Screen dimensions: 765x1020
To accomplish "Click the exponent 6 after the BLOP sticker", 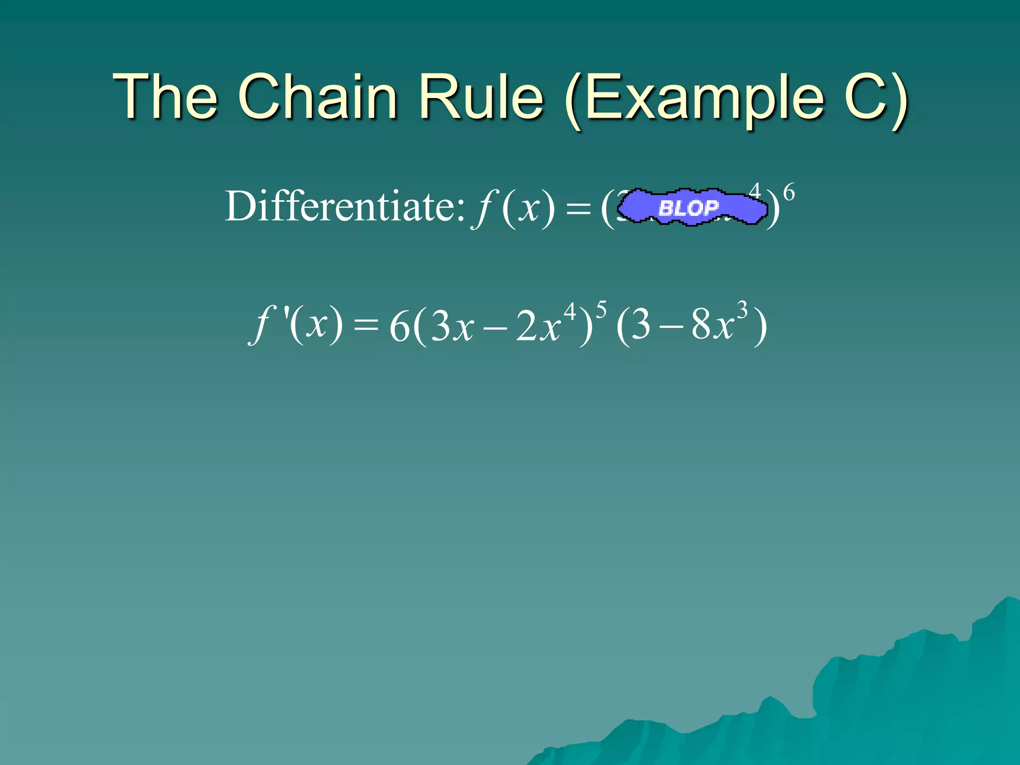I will tap(789, 192).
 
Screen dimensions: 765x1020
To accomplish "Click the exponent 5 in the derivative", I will tap(601, 310).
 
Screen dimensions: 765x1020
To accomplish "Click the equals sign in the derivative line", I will tap(366, 326).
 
